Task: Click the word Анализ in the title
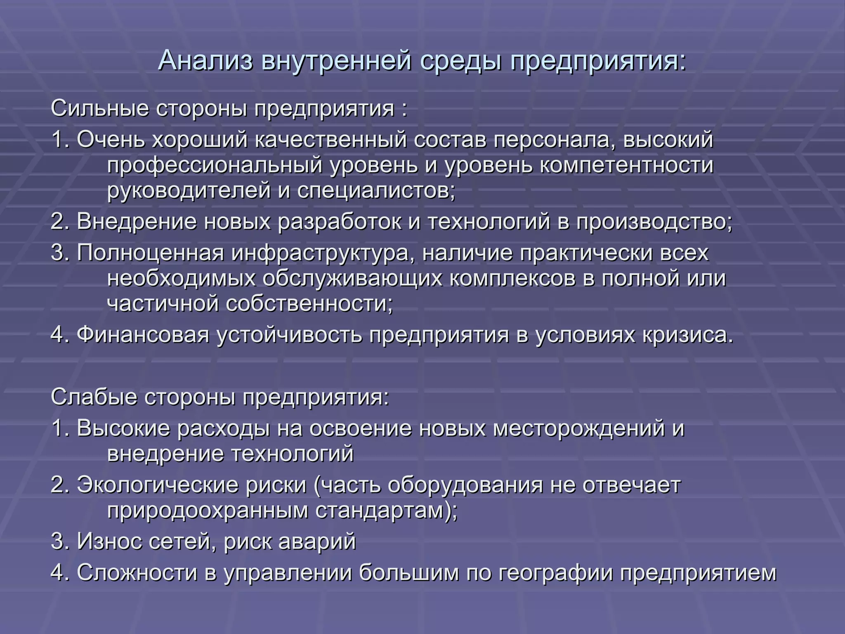pyautogui.click(x=205, y=60)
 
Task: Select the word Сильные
pyautogui.click(x=99, y=109)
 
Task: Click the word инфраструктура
pyautogui.click(x=323, y=253)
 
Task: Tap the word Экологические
pyautogui.click(x=158, y=485)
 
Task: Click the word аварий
pyautogui.click(x=317, y=541)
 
